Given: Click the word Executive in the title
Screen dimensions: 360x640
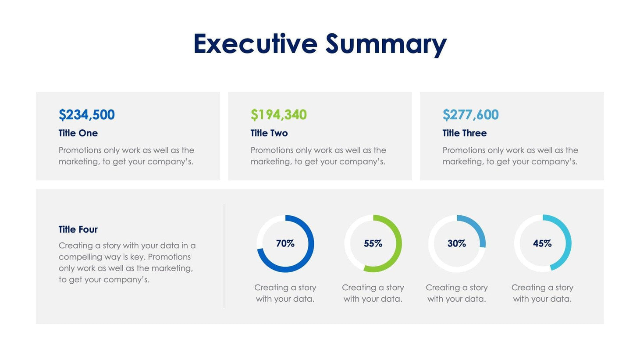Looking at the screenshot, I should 255,44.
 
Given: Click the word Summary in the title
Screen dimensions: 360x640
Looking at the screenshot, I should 386,45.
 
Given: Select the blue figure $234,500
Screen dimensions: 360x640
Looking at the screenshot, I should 87,115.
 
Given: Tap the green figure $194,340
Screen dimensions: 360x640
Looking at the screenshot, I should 278,115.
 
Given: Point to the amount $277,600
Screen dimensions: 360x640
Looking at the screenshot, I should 470,115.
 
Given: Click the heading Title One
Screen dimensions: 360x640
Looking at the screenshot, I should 78,133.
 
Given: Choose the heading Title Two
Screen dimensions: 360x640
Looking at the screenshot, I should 269,133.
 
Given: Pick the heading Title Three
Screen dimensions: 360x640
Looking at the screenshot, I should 464,133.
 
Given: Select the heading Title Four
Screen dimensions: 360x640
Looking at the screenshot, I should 78,229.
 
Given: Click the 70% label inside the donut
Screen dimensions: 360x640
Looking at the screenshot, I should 285,243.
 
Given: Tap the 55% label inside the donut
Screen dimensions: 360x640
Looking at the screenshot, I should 373,243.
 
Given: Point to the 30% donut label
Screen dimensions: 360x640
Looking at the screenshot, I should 456,243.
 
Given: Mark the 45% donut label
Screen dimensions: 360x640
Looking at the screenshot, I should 542,243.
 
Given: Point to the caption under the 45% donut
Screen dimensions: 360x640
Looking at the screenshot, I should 542,293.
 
